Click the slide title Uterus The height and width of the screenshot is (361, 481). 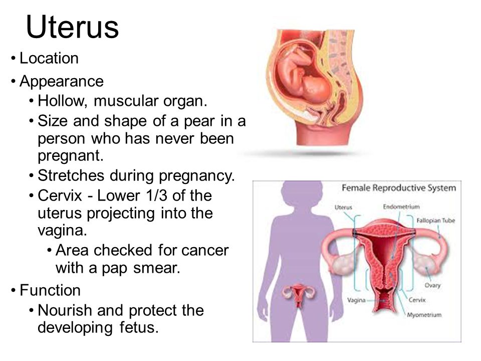pos(72,27)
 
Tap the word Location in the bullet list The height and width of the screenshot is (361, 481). pos(49,58)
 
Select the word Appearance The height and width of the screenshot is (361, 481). pos(62,82)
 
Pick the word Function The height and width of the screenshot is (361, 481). pos(50,290)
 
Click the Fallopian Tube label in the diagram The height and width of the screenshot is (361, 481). pos(435,221)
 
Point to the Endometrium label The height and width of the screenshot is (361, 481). pos(401,207)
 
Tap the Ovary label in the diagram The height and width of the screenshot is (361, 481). pos(432,285)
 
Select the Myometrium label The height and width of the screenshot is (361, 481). pos(424,315)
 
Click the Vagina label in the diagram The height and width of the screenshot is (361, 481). pos(356,300)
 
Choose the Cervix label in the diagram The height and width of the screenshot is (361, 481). pos(417,300)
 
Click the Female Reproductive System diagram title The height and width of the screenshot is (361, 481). pos(399,188)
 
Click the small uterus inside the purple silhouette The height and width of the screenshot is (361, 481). pos(299,295)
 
